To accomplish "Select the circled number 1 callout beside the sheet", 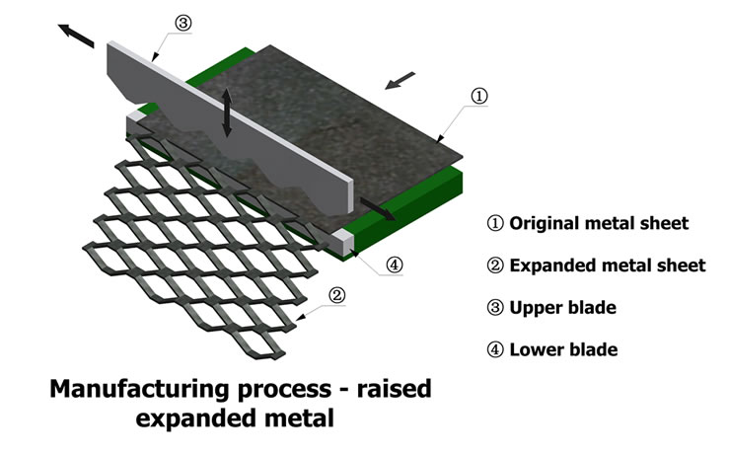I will [x=478, y=96].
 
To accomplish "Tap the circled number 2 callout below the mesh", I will [x=336, y=293].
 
